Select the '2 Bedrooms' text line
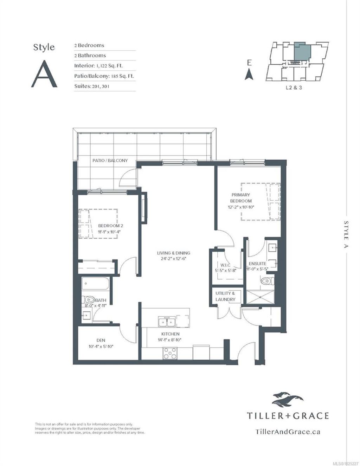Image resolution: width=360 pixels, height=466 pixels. (x=89, y=45)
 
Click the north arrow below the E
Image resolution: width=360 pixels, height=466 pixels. (x=249, y=74)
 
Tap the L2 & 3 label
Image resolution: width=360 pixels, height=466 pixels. (x=294, y=88)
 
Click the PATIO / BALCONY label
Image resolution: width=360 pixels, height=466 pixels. (x=110, y=160)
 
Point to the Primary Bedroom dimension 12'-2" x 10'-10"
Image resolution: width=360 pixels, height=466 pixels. (x=241, y=207)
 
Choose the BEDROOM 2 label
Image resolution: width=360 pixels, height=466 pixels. (x=110, y=226)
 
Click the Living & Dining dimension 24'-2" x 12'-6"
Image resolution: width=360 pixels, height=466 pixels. (x=174, y=259)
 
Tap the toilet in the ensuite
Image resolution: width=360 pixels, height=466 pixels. (x=266, y=281)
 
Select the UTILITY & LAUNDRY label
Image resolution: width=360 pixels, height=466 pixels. (x=225, y=296)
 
